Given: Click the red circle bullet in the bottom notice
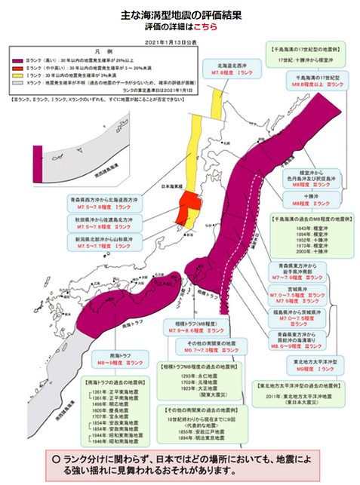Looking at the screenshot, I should pyautogui.click(x=57, y=459).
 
